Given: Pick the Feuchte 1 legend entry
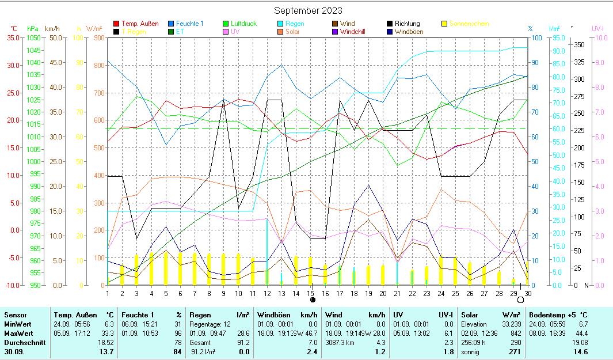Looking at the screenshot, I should click(189, 24).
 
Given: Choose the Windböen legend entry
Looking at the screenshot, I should click(409, 32).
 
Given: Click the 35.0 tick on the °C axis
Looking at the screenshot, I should click(13, 37).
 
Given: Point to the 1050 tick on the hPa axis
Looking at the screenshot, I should click(33, 37).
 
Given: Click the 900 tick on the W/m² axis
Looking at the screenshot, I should click(98, 38).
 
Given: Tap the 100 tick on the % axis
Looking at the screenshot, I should click(535, 38).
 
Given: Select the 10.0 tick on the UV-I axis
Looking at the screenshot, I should click(599, 38).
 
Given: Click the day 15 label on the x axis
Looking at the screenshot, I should click(311, 293).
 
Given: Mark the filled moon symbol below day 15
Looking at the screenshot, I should click(313, 300).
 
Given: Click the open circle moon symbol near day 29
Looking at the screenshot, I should click(520, 300).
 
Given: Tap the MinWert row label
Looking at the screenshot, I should click(18, 324).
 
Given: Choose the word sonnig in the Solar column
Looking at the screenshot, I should click(471, 351).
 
